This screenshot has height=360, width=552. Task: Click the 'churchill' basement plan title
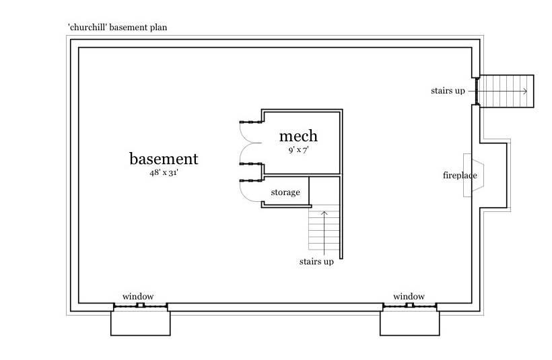tap(117, 28)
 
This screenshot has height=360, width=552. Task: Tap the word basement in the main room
tap(164, 159)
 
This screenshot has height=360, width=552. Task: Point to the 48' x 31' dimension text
tap(164, 173)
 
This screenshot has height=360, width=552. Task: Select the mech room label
tap(298, 137)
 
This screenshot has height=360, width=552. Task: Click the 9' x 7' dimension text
tap(298, 150)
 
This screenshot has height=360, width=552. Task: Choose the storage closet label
tap(285, 193)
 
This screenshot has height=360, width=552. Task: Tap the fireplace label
tap(460, 176)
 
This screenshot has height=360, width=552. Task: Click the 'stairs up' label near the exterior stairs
tap(448, 90)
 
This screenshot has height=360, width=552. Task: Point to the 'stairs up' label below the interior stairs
tap(316, 262)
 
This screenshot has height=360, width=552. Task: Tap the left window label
tap(138, 297)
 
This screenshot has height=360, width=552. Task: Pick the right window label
tap(409, 297)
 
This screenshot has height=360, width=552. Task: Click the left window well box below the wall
tap(140, 322)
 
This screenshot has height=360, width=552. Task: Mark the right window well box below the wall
tap(409, 322)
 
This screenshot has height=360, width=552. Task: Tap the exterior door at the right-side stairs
tap(476, 91)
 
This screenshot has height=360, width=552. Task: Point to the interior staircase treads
tap(319, 229)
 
